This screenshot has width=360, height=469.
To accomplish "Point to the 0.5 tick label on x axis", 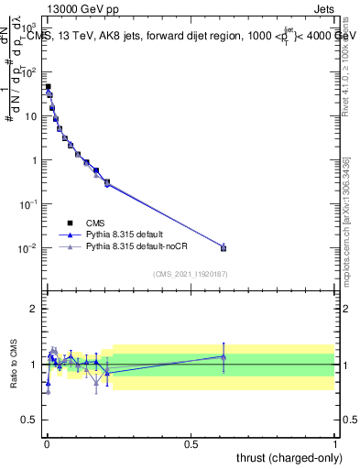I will click(191, 443).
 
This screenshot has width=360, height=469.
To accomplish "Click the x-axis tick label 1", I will click(335, 443).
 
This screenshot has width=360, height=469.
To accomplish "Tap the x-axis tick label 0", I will click(46, 443).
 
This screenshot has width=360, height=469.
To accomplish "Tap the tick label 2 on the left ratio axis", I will click(34, 309).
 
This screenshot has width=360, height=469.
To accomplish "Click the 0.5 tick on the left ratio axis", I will click(30, 421).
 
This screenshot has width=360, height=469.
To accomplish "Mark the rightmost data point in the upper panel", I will click(224, 247).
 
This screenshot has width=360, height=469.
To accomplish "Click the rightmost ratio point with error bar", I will click(224, 356).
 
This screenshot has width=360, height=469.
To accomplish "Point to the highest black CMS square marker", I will click(48, 87).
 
